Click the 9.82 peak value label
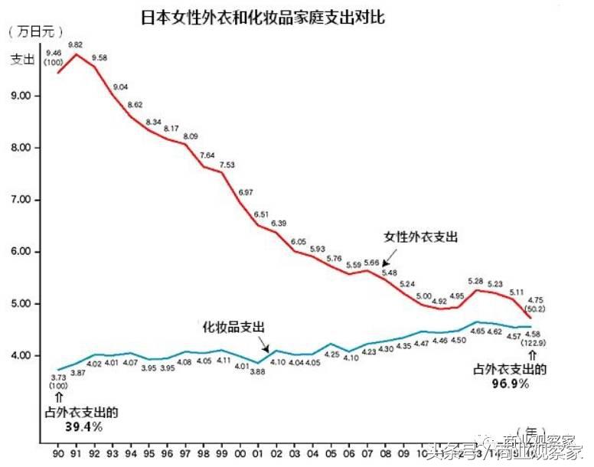pos(76,45)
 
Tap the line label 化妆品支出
pos(233,327)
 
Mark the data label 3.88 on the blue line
pos(258,372)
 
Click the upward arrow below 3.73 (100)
pos(58,397)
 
